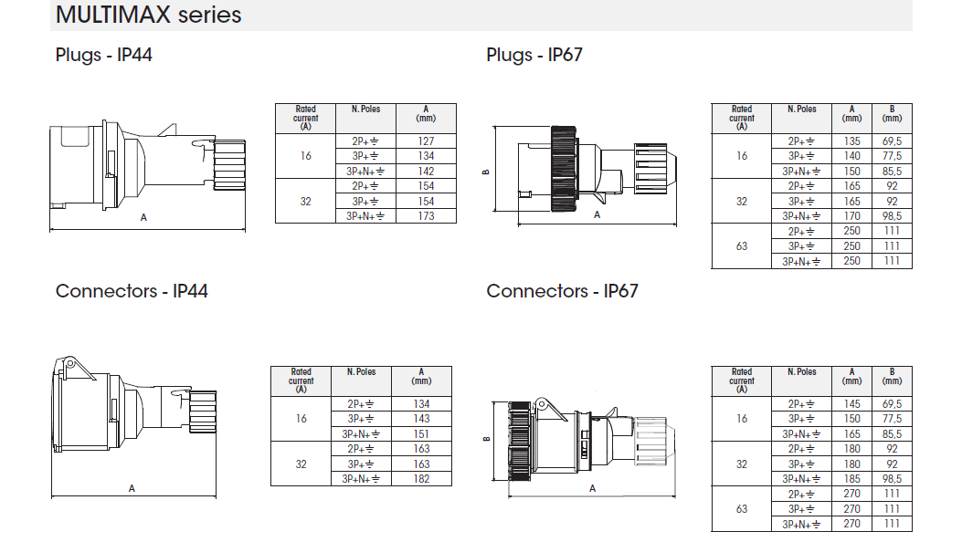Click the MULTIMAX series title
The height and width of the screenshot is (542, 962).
(149, 16)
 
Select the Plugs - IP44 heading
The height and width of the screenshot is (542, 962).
(104, 55)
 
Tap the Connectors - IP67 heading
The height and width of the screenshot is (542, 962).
(562, 291)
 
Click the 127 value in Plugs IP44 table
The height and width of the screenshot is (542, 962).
(426, 141)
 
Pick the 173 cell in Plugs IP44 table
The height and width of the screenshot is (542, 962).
(426, 216)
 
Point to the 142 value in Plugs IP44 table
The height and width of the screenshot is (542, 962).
(426, 172)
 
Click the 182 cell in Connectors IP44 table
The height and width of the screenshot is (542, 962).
(421, 479)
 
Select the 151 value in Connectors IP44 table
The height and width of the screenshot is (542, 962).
(421, 434)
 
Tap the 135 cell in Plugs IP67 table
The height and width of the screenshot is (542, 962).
(851, 141)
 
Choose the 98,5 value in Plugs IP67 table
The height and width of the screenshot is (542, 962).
(892, 216)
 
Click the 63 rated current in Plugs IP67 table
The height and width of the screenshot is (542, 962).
(742, 246)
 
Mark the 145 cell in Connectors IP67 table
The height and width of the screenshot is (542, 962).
(851, 404)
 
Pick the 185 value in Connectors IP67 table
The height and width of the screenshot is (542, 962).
(851, 479)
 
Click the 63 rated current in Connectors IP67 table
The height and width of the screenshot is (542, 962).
(742, 509)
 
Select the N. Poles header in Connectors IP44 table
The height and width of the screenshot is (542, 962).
(363, 372)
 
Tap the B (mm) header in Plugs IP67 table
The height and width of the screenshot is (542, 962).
(892, 113)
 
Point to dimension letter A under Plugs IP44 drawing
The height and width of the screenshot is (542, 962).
(143, 217)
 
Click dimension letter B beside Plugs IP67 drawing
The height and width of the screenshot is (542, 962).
(486, 172)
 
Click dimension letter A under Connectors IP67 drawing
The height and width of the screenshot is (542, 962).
(593, 488)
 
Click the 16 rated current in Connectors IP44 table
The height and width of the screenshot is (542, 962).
(301, 419)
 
